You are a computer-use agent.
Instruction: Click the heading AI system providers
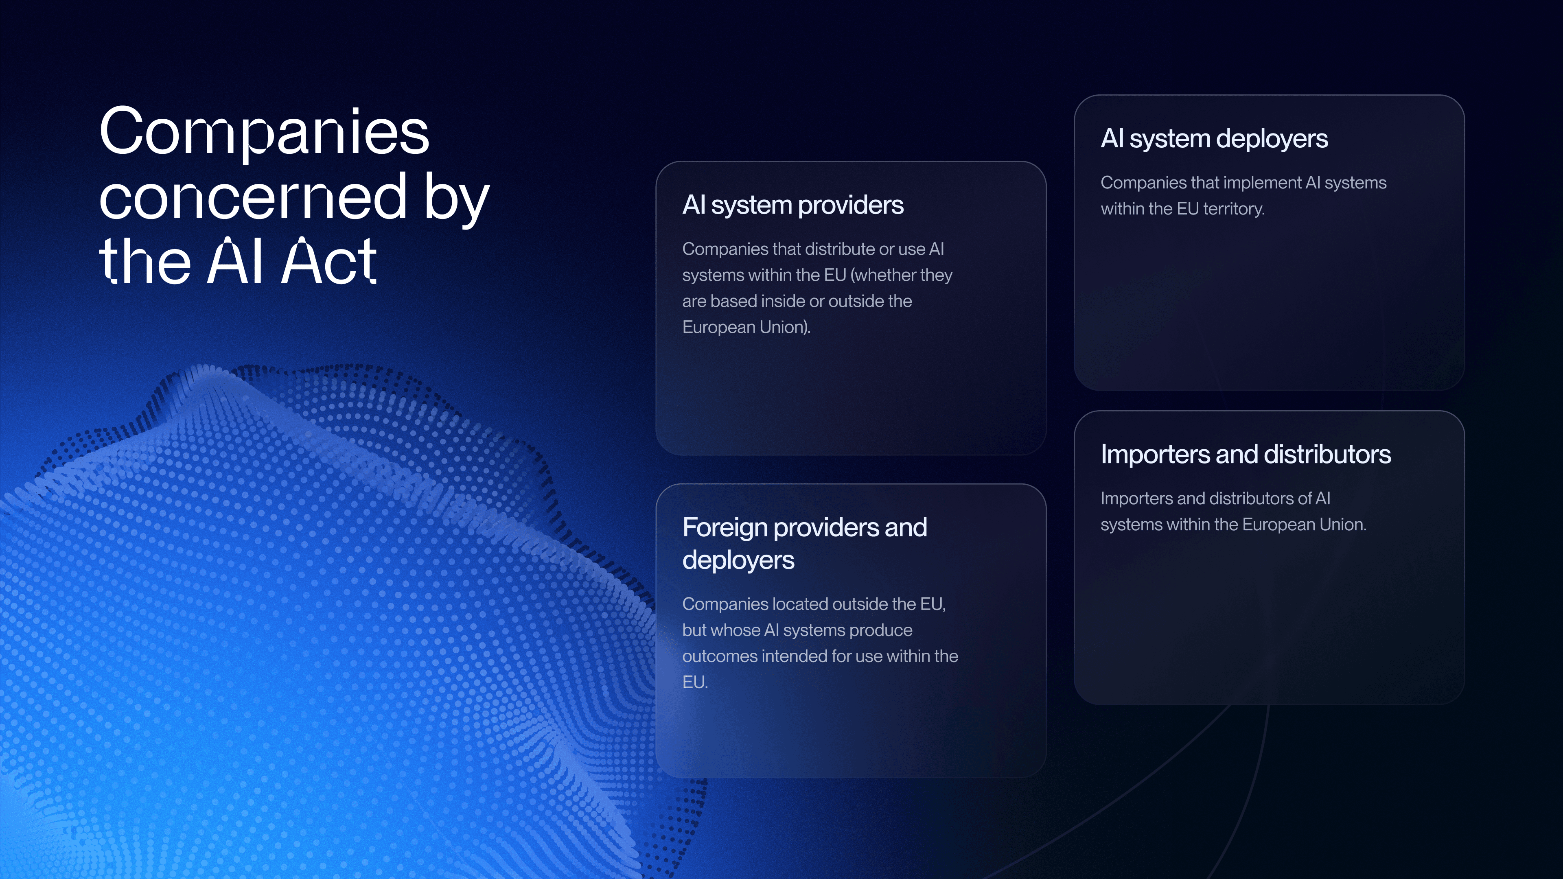point(792,205)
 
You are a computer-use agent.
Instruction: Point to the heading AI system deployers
point(1214,139)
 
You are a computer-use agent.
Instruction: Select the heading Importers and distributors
point(1246,455)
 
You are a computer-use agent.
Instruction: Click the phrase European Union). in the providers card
point(746,327)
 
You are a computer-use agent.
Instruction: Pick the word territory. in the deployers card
point(1234,209)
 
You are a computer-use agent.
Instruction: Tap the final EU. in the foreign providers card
point(695,682)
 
